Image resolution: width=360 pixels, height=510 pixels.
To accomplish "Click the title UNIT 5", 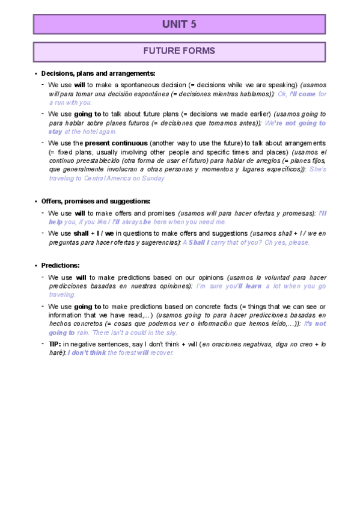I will click(x=180, y=24).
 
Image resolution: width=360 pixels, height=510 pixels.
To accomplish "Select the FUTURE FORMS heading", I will click(x=180, y=51).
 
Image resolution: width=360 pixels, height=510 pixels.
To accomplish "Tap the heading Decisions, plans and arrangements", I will click(x=98, y=73).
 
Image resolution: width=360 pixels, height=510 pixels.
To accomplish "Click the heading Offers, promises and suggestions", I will click(x=96, y=201).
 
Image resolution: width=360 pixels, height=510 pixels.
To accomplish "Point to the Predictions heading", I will click(x=60, y=265).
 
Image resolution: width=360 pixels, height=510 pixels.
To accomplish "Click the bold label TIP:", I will click(x=55, y=343).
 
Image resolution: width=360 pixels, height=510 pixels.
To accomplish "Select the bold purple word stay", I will click(x=56, y=132).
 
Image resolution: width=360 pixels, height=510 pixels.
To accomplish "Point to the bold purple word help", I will click(x=56, y=222).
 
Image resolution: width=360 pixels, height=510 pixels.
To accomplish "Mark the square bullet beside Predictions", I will click(x=36, y=265).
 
